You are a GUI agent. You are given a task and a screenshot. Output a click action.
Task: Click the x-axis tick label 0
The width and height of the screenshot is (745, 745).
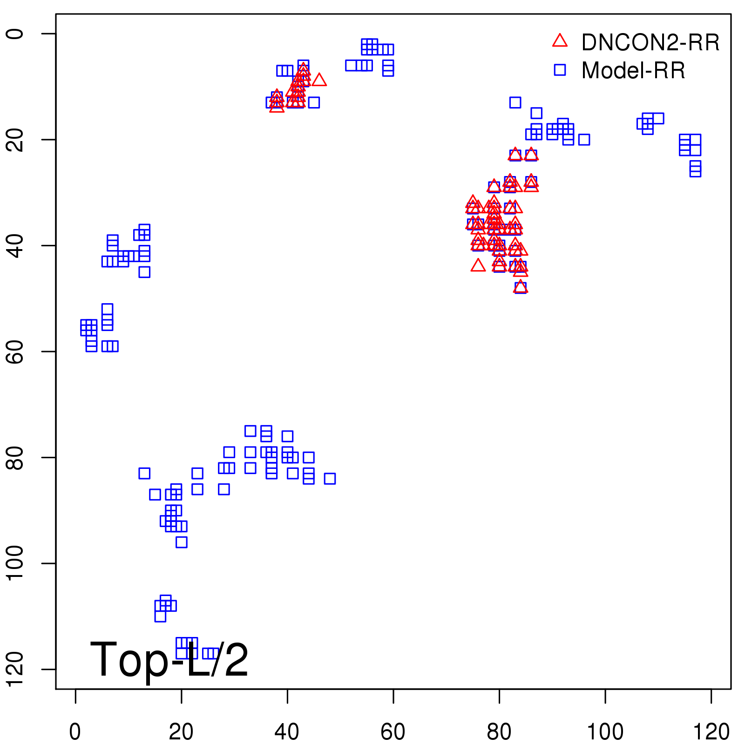coord(75,732)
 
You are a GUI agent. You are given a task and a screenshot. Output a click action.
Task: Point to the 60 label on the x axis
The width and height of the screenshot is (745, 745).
coord(393,732)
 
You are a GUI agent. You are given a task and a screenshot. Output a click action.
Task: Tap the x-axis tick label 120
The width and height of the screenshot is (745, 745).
coord(711,732)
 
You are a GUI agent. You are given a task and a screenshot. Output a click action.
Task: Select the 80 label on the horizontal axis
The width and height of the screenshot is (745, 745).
coord(499,732)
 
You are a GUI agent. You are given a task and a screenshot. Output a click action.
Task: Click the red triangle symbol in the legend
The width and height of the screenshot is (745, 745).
coord(560,41)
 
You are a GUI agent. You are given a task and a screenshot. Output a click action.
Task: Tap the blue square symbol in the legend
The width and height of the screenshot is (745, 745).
coord(560,70)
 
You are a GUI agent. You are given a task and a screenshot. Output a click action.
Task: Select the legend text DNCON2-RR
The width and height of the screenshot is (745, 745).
coord(650,43)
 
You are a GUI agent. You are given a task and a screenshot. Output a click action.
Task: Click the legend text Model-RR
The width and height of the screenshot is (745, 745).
coord(633,71)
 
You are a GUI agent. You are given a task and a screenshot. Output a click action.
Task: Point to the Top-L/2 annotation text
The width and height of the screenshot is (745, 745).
coord(169,660)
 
